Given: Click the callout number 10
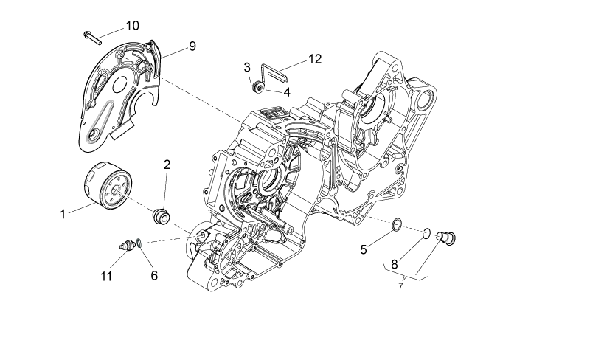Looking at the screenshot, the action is coord(133,26).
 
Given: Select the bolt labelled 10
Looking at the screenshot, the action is coord(93,38).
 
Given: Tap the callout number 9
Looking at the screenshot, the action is coord(192,46).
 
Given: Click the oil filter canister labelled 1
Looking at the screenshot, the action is coord(108,185).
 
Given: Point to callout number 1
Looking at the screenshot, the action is coord(63,214).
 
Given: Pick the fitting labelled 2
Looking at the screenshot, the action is coord(162,215).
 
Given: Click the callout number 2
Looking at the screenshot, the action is coord(167,165).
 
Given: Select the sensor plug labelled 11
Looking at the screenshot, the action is coord(128,245).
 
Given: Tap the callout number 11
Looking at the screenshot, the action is coord(106,276).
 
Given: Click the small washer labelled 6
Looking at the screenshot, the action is coord(139,243).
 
